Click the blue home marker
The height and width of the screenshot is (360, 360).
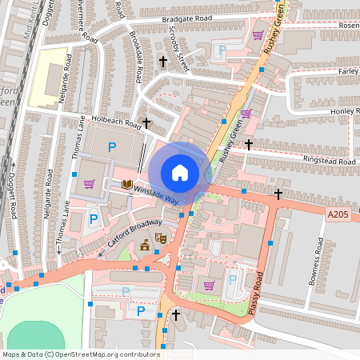point(180,172)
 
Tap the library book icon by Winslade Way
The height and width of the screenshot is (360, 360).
point(126,185)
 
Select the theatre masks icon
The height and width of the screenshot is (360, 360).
point(160,238)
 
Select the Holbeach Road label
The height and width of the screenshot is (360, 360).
point(115,122)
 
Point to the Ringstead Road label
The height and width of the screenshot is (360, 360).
point(326,161)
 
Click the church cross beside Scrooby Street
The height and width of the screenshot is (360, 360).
point(163,61)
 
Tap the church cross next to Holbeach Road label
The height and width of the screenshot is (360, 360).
point(146,123)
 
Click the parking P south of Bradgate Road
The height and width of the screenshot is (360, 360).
point(222,50)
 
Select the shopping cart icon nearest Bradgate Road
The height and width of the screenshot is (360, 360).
point(258,35)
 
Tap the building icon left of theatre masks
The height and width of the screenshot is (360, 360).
point(145,246)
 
